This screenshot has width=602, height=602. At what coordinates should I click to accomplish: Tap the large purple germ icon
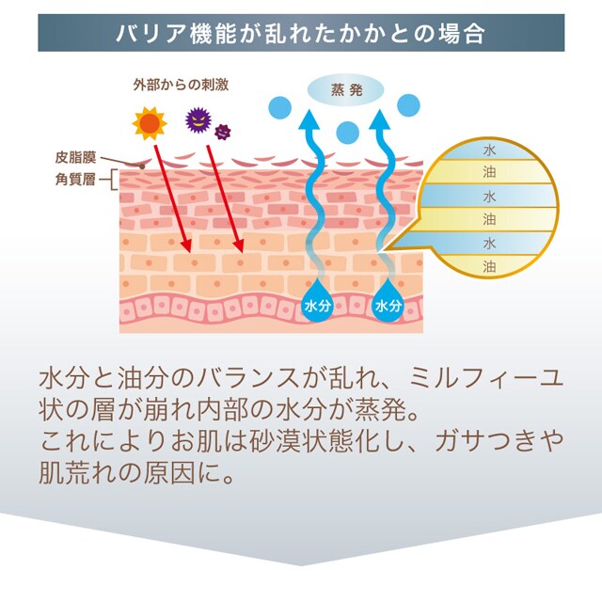(x=198, y=119)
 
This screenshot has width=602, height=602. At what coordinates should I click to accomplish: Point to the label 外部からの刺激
(x=176, y=85)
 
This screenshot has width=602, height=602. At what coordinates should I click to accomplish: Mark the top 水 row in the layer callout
(x=488, y=150)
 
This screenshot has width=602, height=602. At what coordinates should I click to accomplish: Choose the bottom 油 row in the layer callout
(x=488, y=266)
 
